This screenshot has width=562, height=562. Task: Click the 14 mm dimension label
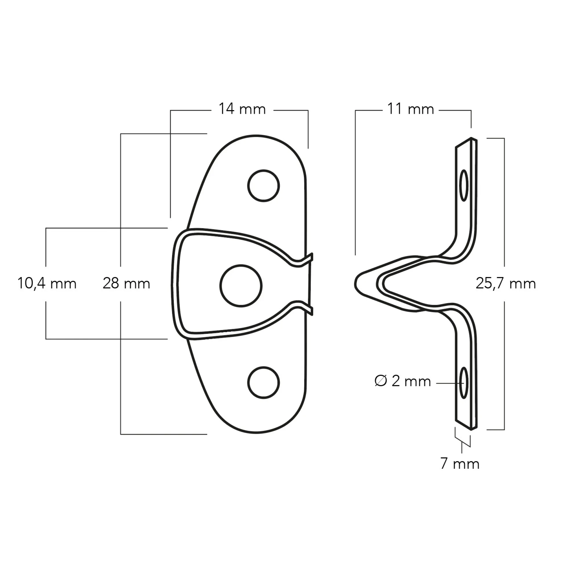click(242, 109)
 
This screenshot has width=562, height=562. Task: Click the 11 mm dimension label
click(410, 109)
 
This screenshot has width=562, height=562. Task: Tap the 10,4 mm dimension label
click(47, 283)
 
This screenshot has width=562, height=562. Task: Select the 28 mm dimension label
click(126, 283)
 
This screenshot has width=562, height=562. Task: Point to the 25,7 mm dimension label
click(506, 283)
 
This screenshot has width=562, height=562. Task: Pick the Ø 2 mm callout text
click(403, 381)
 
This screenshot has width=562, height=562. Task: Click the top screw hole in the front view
click(263, 186)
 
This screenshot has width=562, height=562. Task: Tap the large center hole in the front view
click(241, 286)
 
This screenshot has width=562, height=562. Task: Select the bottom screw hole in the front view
click(263, 382)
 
